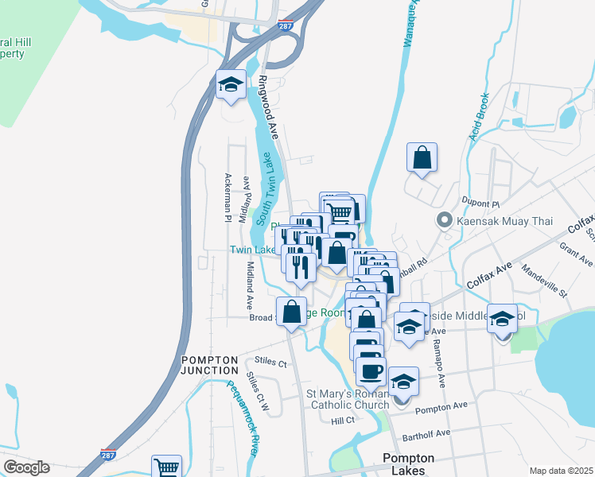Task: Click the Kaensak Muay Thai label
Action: [x=499, y=219]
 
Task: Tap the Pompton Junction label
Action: [x=209, y=365]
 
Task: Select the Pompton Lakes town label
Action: [x=408, y=464]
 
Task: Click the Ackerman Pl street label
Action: [x=227, y=197]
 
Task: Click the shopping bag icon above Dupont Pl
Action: [x=422, y=157]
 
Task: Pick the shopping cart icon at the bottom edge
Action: [x=166, y=467]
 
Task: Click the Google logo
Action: [x=25, y=467]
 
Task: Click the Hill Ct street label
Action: [x=343, y=420]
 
